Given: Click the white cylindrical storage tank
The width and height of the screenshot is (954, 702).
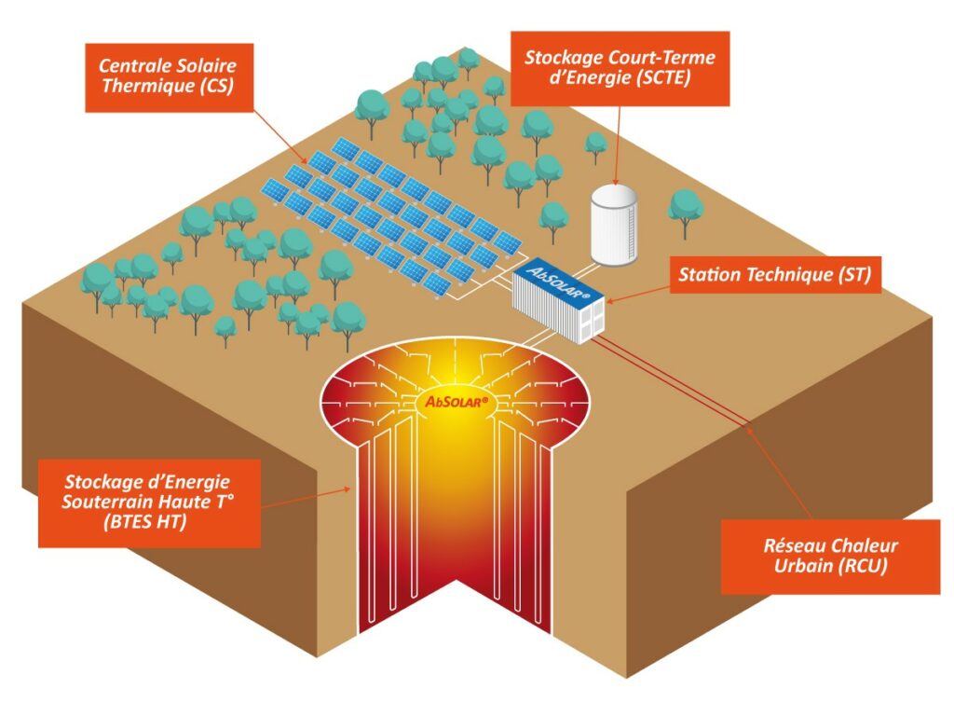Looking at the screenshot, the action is [614, 226].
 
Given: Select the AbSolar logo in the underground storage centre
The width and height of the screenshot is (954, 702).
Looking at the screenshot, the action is [457, 401].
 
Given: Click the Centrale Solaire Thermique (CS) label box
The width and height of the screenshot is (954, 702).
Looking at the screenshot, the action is [169, 77].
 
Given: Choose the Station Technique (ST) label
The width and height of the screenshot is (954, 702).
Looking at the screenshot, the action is [775, 275].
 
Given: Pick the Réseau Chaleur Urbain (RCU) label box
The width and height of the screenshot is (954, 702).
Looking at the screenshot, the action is [830, 557].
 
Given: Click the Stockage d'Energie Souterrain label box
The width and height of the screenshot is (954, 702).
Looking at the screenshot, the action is [149, 502].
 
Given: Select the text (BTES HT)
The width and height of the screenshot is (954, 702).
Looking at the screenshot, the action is [144, 522].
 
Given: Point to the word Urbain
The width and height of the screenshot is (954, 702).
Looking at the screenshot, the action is [803, 566].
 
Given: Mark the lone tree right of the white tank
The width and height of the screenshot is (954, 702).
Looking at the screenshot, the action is [686, 213].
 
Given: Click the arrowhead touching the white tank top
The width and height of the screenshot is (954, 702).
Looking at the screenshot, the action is [616, 181].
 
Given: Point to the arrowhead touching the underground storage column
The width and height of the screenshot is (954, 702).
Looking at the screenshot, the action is [348, 488].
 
